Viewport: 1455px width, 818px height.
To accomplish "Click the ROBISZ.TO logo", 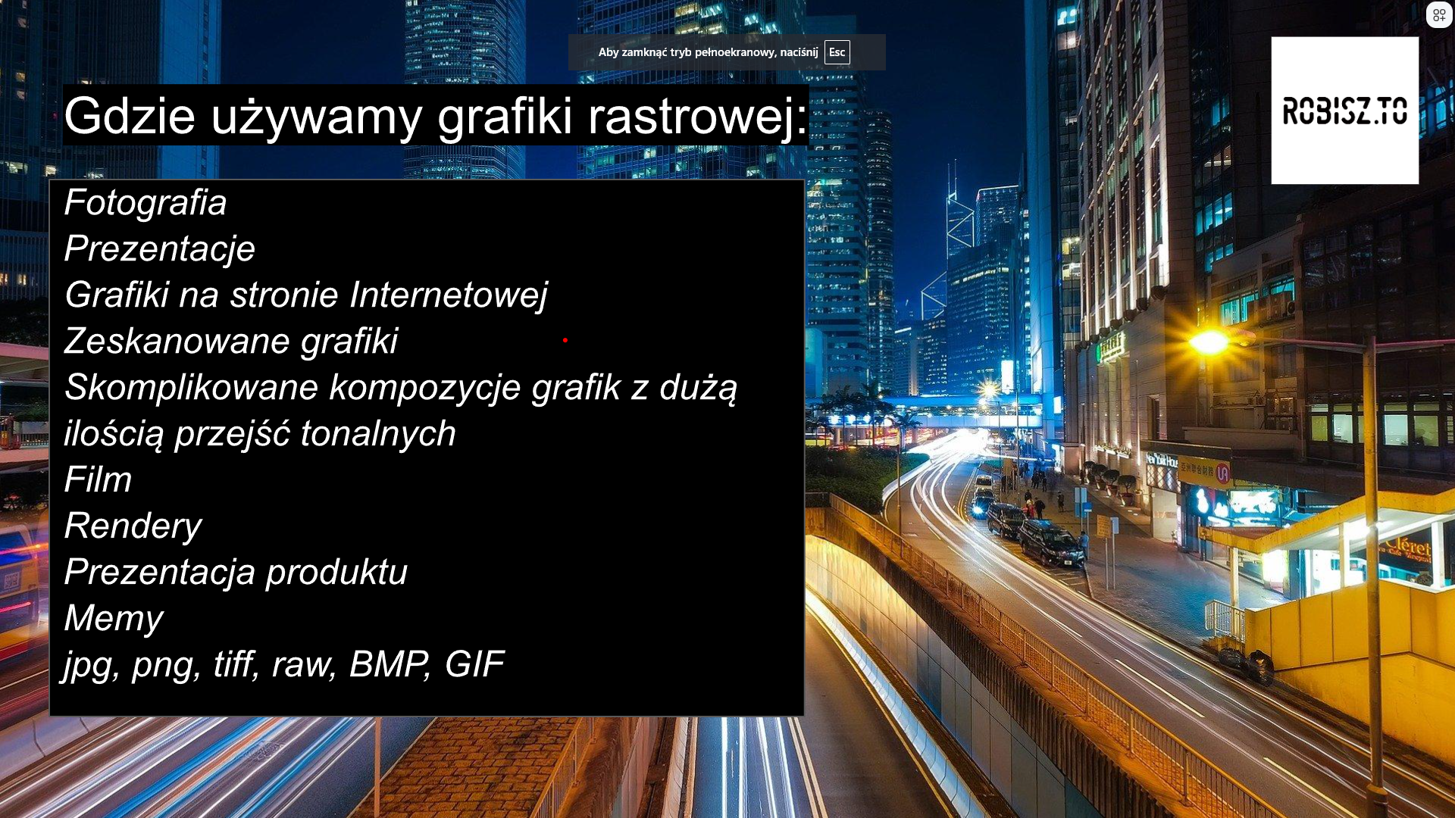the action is point(1344,111).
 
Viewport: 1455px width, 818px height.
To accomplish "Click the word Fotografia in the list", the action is point(145,202).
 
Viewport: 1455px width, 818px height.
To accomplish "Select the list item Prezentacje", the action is point(160,249).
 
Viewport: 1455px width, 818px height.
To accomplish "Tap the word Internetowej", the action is point(449,295).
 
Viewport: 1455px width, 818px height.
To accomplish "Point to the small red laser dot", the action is point(565,340).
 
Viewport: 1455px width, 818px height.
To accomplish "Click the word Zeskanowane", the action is point(177,341).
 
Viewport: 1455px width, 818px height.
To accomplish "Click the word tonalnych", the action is point(378,434).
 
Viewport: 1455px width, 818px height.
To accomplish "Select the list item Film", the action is point(99,479).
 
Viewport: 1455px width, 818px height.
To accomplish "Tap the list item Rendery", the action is point(133,526).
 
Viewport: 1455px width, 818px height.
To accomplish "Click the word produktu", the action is point(336,572).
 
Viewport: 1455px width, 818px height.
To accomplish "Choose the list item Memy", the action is point(114,619).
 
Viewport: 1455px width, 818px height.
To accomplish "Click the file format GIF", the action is point(474,664).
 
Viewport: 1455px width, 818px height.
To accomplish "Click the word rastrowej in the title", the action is point(698,116).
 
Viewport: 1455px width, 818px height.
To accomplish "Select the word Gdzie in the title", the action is point(130,116).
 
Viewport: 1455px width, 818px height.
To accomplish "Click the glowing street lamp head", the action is point(1210,343).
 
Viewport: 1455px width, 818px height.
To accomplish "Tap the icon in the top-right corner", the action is point(1439,15).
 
